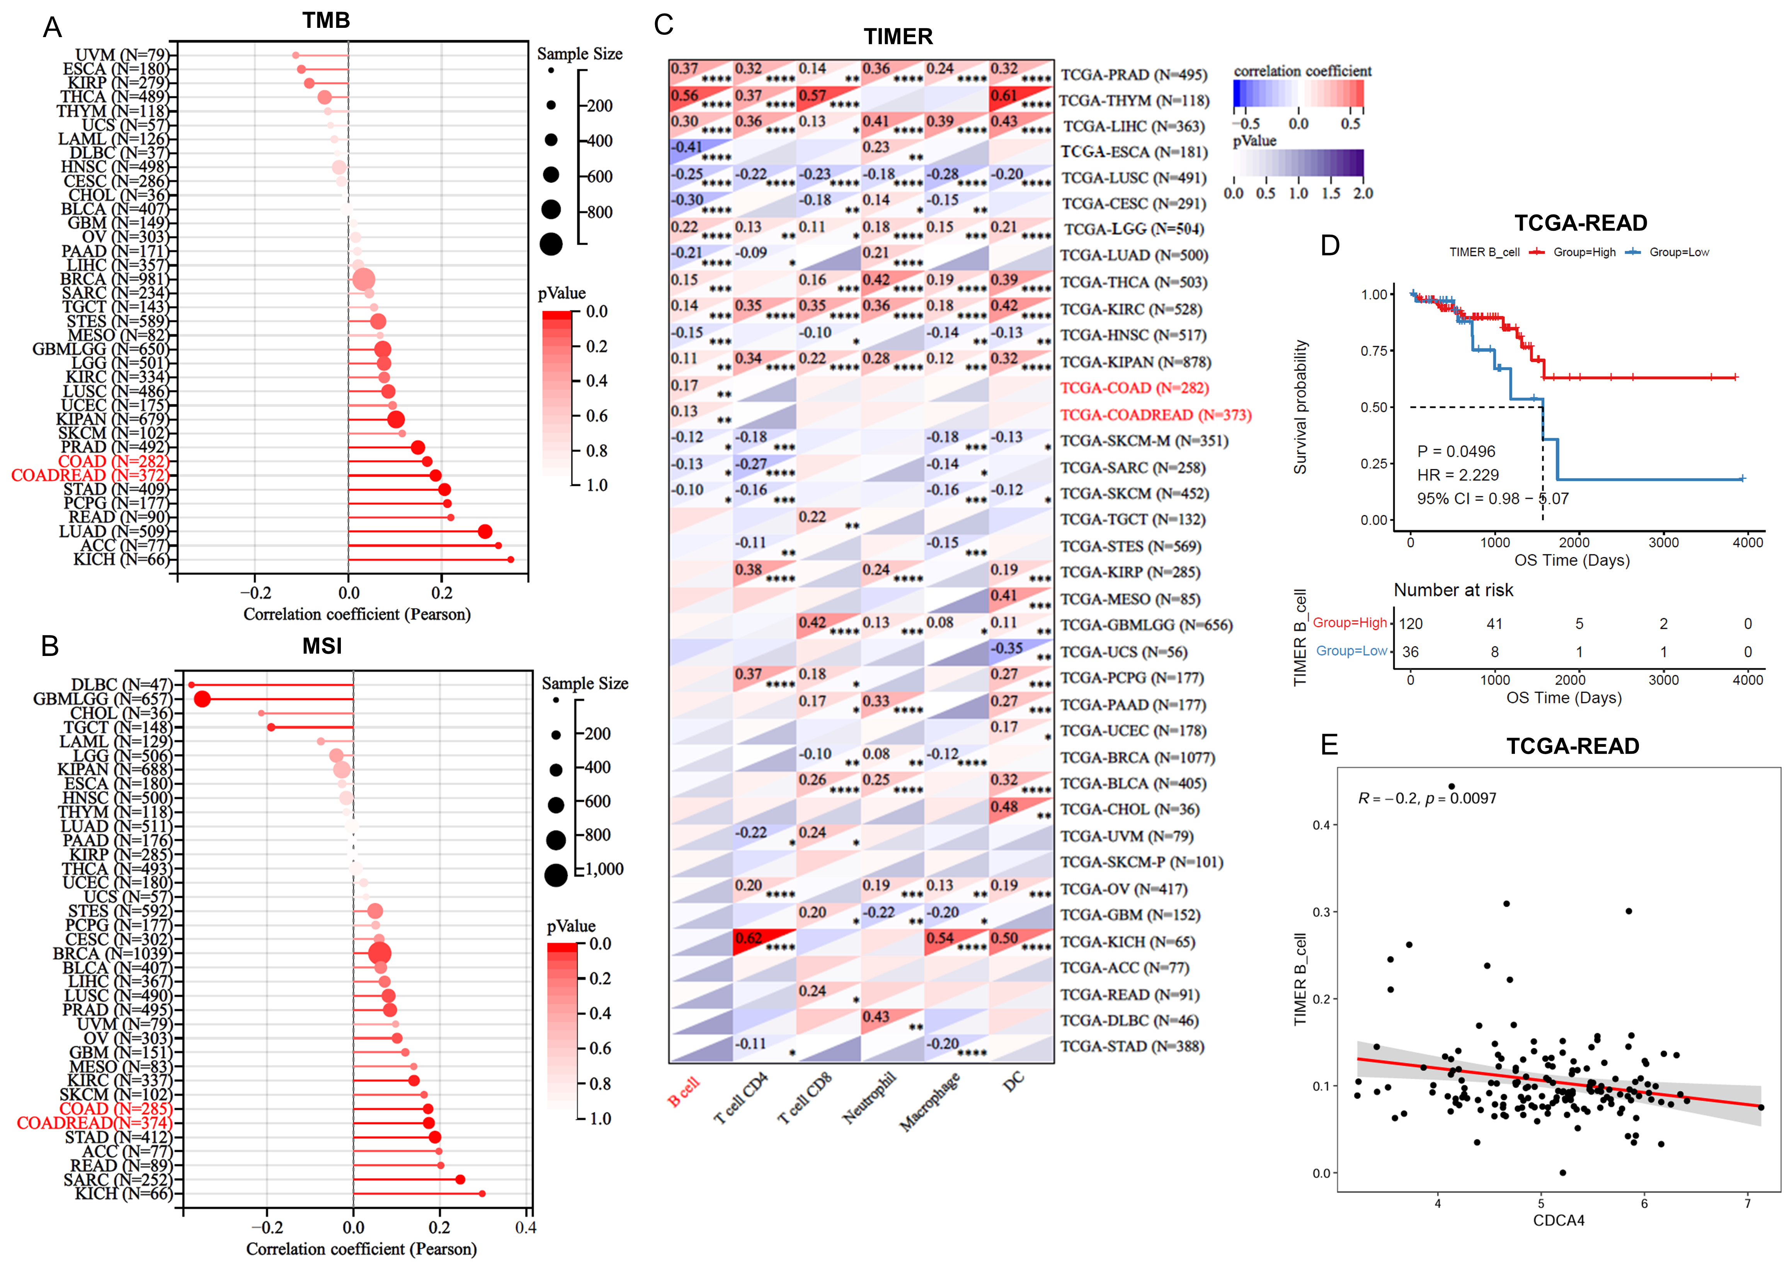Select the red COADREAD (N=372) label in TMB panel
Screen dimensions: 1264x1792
pyautogui.click(x=90, y=475)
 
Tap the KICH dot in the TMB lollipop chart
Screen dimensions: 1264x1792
pyautogui.click(x=511, y=559)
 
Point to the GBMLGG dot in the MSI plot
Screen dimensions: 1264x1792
pyautogui.click(x=202, y=699)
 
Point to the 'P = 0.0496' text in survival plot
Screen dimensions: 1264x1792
pyautogui.click(x=1456, y=451)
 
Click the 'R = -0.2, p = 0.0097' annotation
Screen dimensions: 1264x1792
pyautogui.click(x=1427, y=798)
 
